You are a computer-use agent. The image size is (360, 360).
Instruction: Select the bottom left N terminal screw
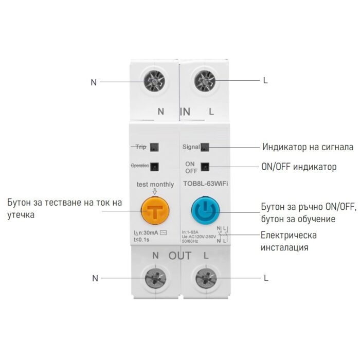point(155,278)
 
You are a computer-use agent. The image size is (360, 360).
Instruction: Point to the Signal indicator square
point(205,147)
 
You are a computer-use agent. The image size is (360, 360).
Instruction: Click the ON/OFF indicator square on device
point(205,167)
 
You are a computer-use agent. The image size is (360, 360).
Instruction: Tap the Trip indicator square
point(155,147)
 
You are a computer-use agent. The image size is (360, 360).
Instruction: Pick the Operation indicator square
point(155,166)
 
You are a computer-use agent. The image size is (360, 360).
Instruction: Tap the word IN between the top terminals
point(185,111)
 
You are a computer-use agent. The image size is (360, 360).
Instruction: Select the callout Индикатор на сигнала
point(308,147)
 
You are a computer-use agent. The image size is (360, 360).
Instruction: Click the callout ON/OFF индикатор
point(299,167)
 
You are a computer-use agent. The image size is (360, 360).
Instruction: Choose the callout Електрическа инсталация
point(289,241)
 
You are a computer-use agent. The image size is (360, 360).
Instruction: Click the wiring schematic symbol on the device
point(222,234)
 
